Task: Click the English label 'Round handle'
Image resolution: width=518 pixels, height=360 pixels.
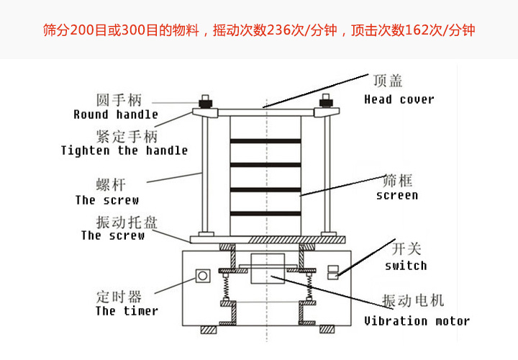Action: point(115,114)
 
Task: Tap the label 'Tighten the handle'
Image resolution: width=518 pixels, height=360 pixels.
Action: point(124,150)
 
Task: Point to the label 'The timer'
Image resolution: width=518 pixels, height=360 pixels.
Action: point(127,311)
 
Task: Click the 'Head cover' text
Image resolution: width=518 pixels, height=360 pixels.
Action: point(399,99)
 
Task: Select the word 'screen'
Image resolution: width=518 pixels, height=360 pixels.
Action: point(396,195)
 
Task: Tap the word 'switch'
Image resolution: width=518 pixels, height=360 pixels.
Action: point(405,266)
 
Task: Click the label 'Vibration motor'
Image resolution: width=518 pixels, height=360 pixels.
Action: point(417,321)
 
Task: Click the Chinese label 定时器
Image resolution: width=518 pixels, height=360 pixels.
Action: point(118,295)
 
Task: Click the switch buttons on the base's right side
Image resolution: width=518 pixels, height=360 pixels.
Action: point(332,271)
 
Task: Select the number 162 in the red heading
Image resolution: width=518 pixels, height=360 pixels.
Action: point(412,31)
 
